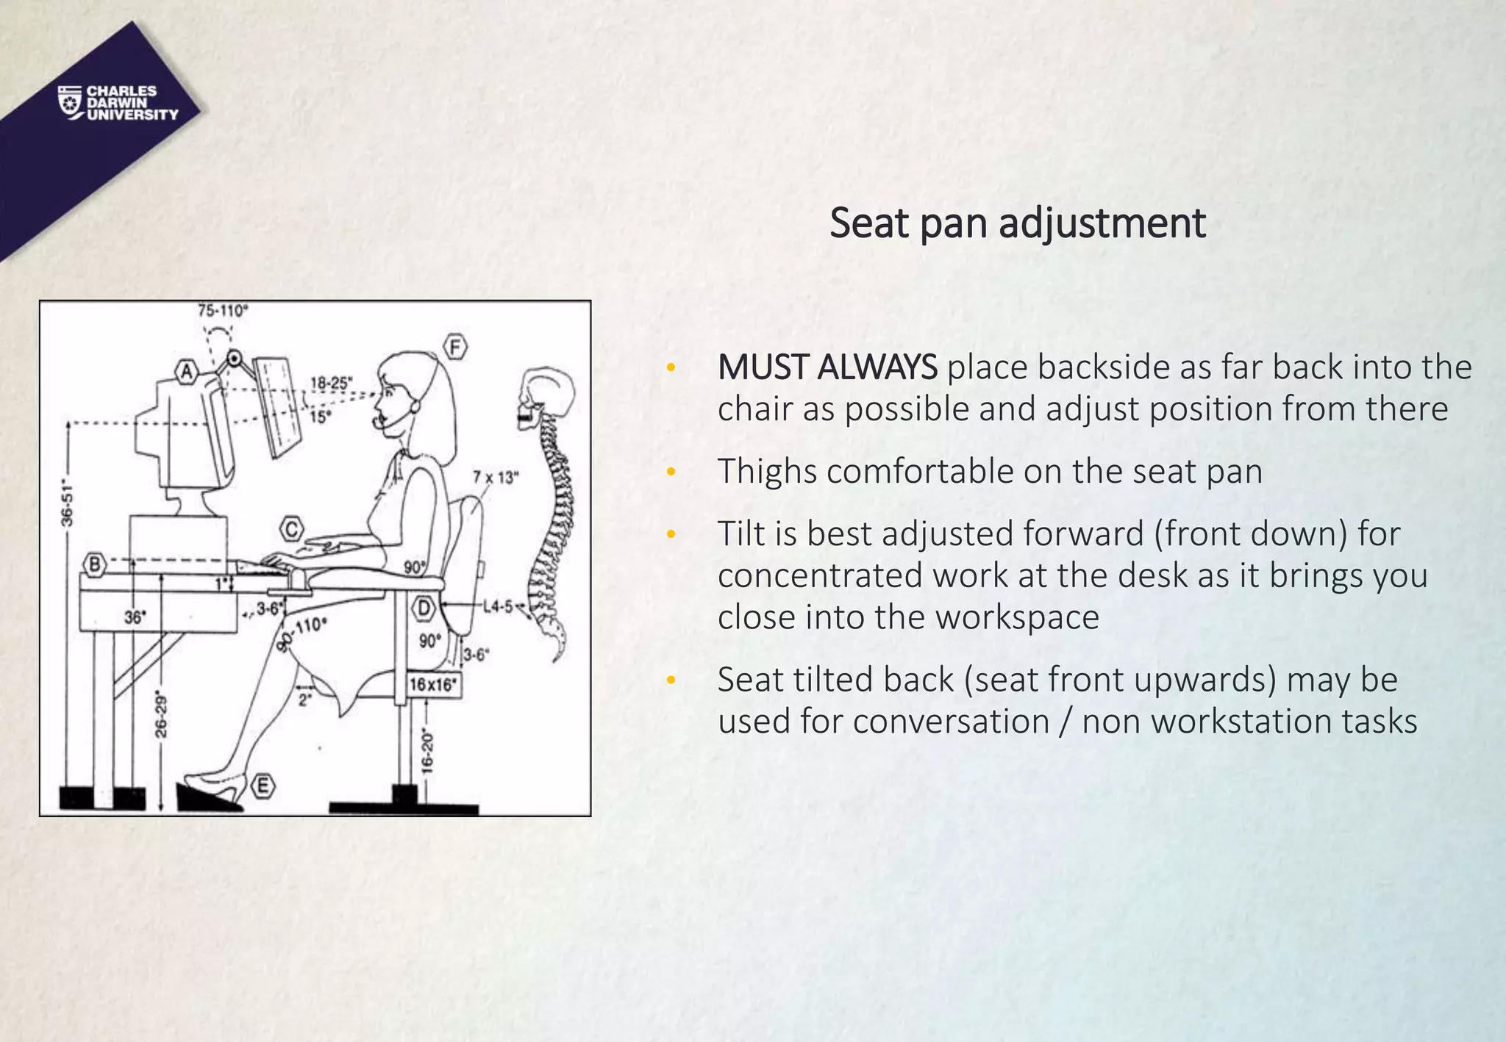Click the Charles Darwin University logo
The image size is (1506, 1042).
click(118, 103)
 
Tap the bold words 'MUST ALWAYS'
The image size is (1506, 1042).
click(827, 367)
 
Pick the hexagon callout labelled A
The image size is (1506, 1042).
click(187, 372)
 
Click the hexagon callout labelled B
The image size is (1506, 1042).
click(95, 564)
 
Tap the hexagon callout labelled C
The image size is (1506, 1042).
click(292, 529)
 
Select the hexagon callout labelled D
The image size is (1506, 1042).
click(424, 608)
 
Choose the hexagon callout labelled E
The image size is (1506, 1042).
click(263, 786)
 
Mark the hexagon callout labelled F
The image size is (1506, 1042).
click(455, 347)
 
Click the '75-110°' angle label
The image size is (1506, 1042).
click(223, 311)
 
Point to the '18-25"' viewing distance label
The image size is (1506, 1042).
click(331, 383)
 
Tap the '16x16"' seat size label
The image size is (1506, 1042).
click(433, 685)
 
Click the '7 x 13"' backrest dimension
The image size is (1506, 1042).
click(496, 478)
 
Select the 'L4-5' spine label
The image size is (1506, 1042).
click(498, 606)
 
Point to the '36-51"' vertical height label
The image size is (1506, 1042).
click(68, 503)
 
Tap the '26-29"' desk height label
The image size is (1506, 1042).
click(161, 716)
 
